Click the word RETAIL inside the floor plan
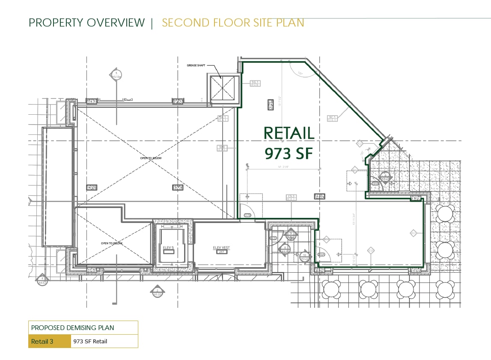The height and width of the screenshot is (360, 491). point(289,133)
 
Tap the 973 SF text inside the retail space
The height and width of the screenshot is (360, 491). point(289,153)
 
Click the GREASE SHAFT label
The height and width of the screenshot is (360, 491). point(196,65)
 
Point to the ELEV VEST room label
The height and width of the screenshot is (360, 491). point(222,247)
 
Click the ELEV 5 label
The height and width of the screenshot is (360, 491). point(169,247)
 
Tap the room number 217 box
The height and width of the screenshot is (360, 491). point(222,252)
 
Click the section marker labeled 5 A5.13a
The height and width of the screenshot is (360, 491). point(116,75)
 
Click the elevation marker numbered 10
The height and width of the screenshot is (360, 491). point(304,256)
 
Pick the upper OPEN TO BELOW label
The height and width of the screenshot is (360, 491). point(151,158)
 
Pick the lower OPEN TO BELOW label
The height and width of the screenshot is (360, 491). point(112,243)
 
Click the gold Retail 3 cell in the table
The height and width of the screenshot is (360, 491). point(49,341)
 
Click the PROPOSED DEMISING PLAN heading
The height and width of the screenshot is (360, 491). point(72,328)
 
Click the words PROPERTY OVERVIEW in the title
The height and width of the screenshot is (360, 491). point(87,23)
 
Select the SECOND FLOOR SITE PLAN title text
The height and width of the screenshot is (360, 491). point(233,23)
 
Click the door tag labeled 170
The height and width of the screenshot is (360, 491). point(247,215)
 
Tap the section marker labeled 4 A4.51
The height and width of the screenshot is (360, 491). point(42,280)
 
